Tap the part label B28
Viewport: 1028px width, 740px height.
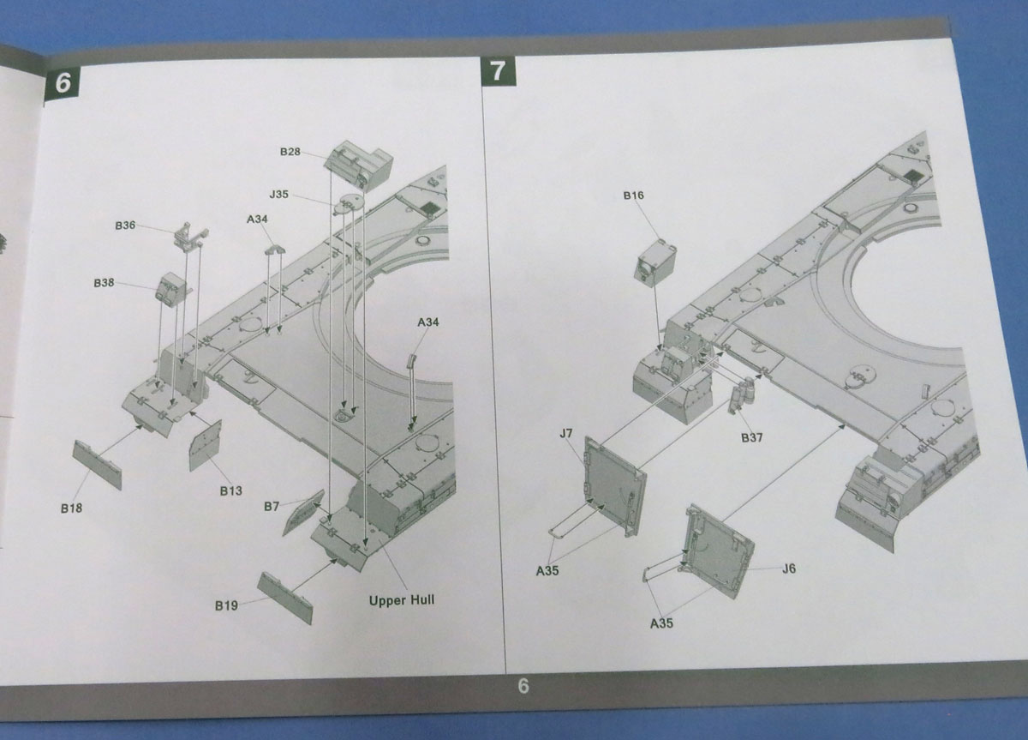coord(290,152)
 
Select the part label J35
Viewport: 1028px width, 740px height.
coord(278,195)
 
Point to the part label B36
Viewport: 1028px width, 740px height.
coord(125,226)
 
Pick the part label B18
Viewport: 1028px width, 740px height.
coord(71,508)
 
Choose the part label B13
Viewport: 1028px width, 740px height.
coord(230,490)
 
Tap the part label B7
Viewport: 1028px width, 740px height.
coord(271,507)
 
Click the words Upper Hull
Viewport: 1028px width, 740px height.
coord(401,600)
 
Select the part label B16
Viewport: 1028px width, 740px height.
coord(633,196)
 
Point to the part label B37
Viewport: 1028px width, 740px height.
coord(753,437)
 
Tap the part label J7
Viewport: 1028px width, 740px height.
coord(565,434)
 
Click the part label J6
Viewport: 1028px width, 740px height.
coord(789,569)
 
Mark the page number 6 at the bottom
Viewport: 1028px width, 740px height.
coord(524,686)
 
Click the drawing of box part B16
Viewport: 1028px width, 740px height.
coord(657,261)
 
